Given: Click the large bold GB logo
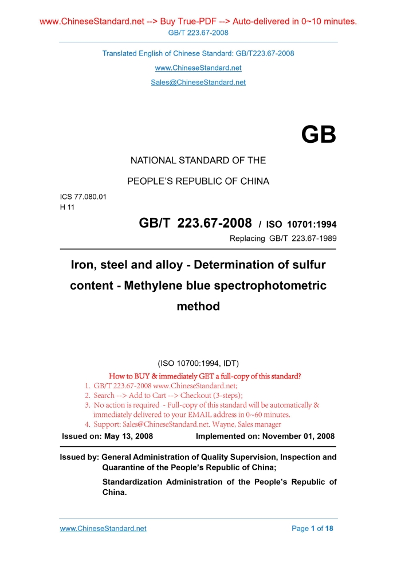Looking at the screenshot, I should [319, 135].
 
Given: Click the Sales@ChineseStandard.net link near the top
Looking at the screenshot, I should [198, 82].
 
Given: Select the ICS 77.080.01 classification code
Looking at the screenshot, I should [83, 197].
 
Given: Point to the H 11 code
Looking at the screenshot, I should [68, 207].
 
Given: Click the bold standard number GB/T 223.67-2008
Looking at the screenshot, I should [195, 223].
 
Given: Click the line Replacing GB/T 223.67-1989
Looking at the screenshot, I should [282, 239].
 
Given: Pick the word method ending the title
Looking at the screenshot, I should [198, 306].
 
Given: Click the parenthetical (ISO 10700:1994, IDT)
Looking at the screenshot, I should [198, 363].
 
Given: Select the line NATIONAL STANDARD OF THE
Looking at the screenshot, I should [198, 161].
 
